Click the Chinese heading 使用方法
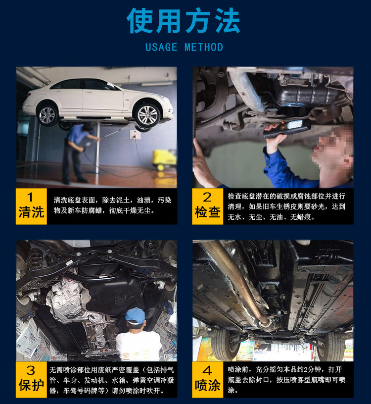184,20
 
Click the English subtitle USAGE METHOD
184,48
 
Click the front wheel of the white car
147,115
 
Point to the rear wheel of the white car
47,115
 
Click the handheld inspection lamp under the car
287,128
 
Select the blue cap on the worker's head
135,316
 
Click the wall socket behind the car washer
135,135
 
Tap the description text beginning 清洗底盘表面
112,205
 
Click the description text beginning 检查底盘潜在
286,206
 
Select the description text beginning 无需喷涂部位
111,380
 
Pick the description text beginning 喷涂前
286,380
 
